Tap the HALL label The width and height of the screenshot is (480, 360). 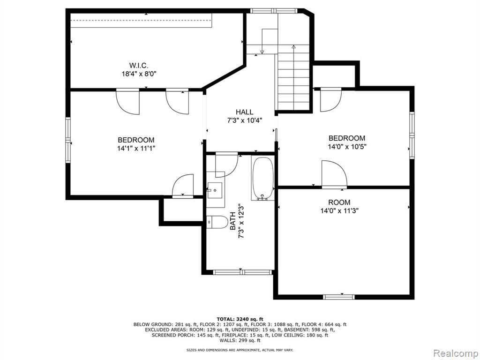244,112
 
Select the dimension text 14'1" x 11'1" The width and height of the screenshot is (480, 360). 136,148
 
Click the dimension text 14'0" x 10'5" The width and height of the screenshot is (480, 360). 346,146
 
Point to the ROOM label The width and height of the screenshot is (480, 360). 339,202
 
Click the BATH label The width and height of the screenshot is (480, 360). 233,221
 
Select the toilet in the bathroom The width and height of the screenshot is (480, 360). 216,221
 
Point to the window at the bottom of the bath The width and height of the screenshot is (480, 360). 241,271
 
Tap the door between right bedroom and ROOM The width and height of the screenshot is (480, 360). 334,175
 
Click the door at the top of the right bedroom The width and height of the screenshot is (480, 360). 330,100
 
